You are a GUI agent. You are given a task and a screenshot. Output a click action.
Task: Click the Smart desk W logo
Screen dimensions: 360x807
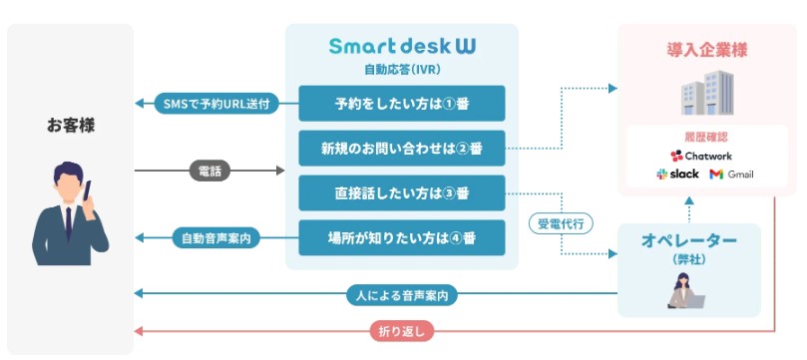(x=402, y=46)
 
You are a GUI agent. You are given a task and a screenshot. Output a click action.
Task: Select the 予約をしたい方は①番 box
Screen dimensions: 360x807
(x=402, y=104)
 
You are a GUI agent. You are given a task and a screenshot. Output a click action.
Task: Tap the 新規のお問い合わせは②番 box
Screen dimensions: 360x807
(x=402, y=148)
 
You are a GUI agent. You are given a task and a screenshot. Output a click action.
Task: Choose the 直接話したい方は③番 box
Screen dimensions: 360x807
(x=402, y=192)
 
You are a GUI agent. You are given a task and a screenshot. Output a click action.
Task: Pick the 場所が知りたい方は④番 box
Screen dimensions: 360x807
(x=402, y=238)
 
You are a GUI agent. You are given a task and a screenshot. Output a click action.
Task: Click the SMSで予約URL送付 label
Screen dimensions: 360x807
(x=215, y=104)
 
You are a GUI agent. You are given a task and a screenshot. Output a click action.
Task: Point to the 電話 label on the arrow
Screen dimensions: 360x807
(x=209, y=171)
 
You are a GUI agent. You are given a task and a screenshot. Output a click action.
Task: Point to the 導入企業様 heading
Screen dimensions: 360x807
(x=706, y=49)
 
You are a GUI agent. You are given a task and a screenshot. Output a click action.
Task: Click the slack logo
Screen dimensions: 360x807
(x=678, y=175)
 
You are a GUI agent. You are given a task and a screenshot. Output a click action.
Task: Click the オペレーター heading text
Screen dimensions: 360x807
(x=688, y=241)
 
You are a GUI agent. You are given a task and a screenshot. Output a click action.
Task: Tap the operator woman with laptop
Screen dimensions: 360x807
(x=688, y=289)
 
